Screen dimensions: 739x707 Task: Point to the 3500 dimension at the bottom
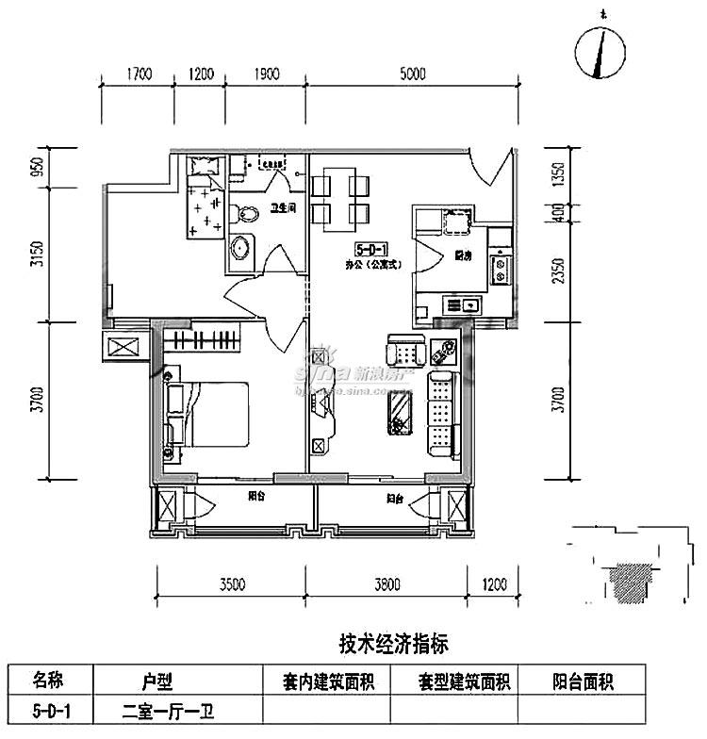[x=232, y=583]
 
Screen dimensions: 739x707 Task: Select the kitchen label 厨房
[x=462, y=255]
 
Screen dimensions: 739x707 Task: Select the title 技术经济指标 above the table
[x=392, y=644]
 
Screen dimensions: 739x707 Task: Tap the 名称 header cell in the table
[x=50, y=680]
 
